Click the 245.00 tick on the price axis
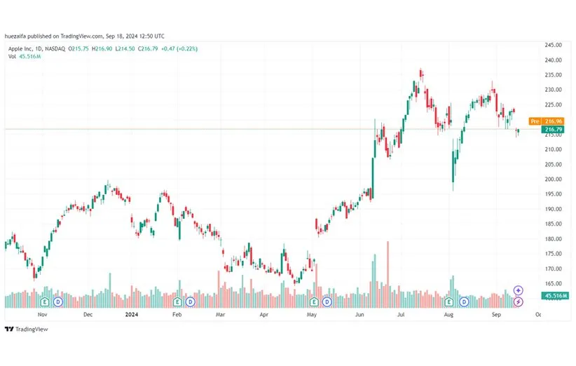point(554,45)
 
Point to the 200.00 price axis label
point(554,179)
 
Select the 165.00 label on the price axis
point(554,283)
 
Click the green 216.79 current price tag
point(554,129)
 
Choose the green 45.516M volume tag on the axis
point(554,296)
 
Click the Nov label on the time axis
point(42,315)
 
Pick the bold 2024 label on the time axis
point(131,315)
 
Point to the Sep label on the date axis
point(495,315)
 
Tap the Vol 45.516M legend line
point(25,55)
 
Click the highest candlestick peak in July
point(420,70)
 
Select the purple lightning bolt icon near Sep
point(518,301)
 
